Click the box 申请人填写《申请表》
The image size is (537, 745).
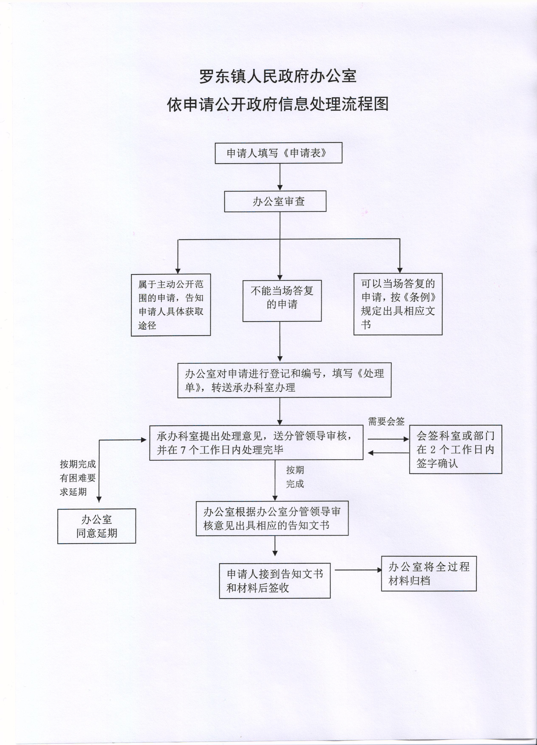point(278,153)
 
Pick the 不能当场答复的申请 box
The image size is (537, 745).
point(282,301)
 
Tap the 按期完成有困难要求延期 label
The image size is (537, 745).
point(78,478)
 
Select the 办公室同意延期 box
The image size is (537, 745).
point(97,526)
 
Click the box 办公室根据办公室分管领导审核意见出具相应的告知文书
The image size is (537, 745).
point(272,518)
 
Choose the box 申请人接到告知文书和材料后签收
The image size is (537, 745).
point(275,581)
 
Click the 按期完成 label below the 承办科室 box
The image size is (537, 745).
point(295,477)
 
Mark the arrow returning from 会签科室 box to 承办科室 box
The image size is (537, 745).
point(388,453)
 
